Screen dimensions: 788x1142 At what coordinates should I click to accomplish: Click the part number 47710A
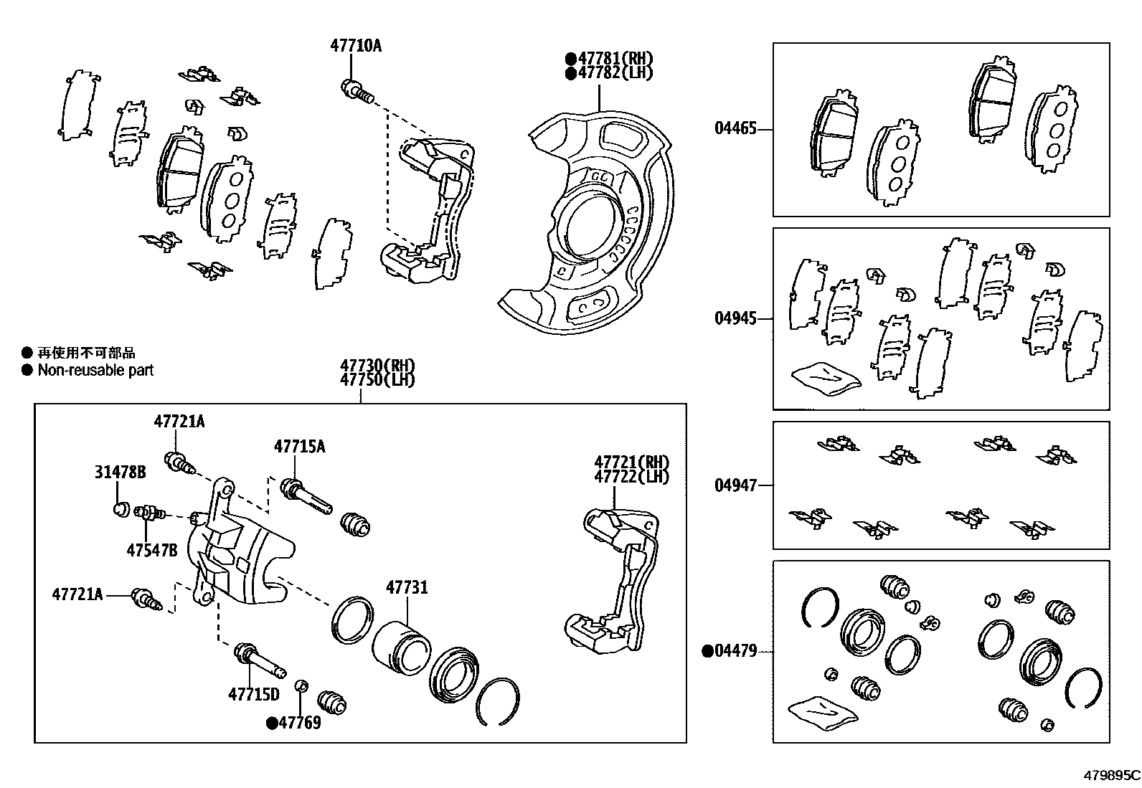tap(355, 46)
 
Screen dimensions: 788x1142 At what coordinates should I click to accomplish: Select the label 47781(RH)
tap(615, 59)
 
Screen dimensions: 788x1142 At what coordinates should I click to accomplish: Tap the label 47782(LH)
tap(615, 72)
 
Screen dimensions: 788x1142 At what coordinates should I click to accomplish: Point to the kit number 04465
tap(735, 129)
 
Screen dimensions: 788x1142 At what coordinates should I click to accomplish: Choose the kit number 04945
tap(735, 318)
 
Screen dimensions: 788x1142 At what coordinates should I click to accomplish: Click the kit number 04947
tap(735, 485)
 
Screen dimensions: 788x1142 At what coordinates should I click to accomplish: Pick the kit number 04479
tap(735, 651)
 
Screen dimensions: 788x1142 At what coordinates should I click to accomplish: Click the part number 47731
tap(407, 588)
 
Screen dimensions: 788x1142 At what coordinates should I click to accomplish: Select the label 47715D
tap(253, 694)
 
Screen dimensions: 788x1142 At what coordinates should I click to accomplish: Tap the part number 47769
tap(299, 723)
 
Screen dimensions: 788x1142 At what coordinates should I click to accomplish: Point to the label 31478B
tap(120, 472)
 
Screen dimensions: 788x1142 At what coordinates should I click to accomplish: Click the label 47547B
tap(151, 551)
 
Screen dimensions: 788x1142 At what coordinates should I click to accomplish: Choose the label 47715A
tap(299, 447)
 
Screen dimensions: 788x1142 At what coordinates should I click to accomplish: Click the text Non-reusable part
tap(95, 371)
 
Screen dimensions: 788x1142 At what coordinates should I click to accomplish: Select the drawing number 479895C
tap(1111, 775)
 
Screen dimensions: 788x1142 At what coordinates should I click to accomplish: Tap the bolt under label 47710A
tap(355, 91)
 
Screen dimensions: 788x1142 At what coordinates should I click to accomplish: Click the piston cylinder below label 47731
tap(400, 646)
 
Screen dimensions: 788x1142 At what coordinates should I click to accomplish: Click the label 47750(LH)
tap(377, 379)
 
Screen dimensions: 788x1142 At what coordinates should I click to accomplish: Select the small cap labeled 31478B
tap(121, 510)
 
